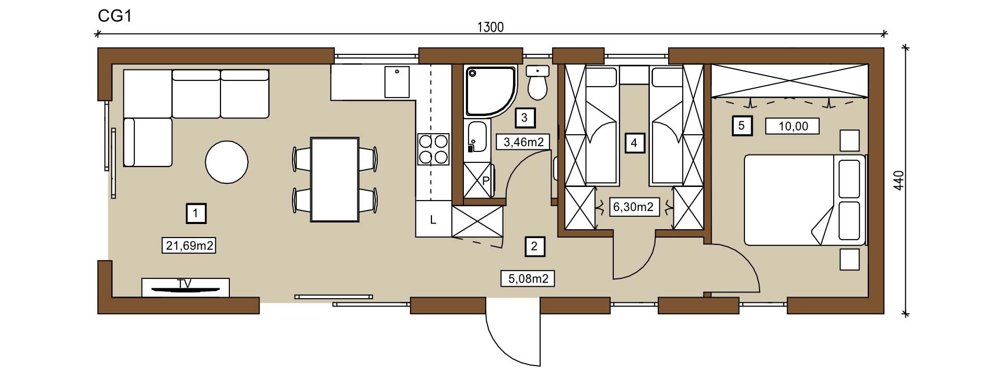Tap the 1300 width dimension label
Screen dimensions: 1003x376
491,27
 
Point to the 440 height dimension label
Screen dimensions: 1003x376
898,181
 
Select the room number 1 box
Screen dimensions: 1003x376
195,213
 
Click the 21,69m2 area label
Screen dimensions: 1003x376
190,245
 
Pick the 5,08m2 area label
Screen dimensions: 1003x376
528,278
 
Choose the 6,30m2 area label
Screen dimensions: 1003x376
633,207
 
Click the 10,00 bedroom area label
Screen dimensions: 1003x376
792,126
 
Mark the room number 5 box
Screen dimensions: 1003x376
742,126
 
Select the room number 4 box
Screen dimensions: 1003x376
634,143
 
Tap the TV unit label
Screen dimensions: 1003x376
184,284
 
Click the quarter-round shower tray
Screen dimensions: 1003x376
491,91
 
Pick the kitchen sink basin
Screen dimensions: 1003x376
397,81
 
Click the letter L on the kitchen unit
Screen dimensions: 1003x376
433,220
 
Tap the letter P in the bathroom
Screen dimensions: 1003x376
485,181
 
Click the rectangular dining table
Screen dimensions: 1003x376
335,179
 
